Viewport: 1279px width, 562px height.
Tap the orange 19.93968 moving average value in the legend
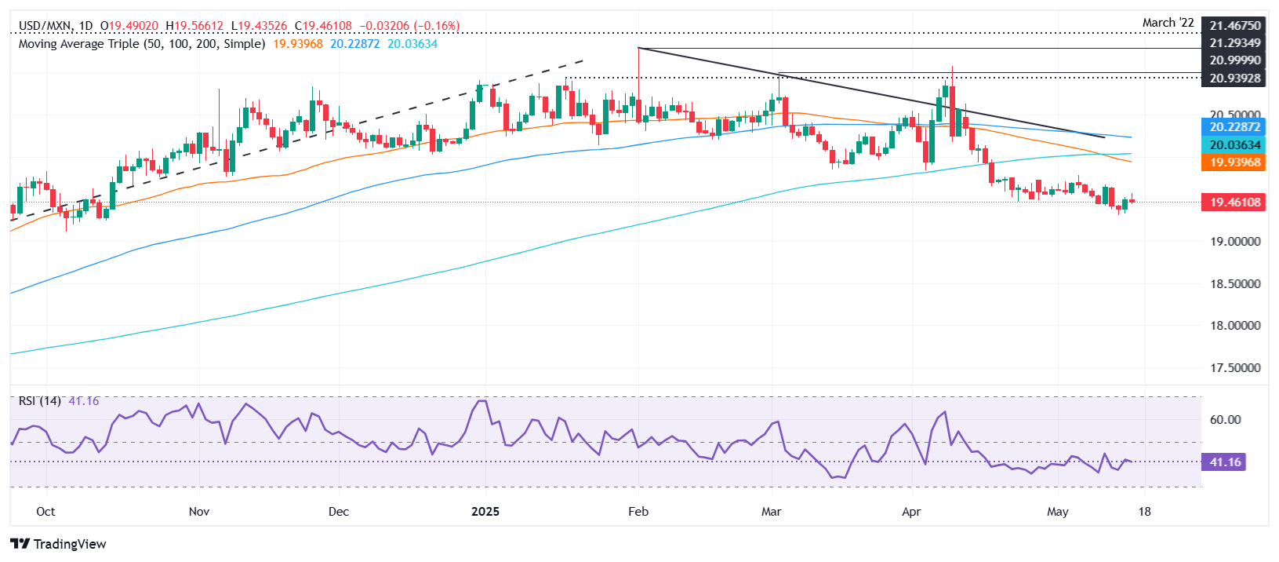pos(298,44)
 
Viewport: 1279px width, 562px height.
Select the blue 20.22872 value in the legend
pos(354,44)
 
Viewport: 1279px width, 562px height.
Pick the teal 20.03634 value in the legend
pos(412,44)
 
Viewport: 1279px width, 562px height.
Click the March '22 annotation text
pos(1168,23)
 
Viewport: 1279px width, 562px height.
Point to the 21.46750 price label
pos(1235,26)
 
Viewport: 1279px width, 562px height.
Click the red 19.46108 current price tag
pos(1234,203)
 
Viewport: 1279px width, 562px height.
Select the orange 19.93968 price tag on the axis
pos(1234,162)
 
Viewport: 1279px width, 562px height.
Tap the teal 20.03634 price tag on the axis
pos(1234,145)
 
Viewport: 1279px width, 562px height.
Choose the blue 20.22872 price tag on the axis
pos(1234,127)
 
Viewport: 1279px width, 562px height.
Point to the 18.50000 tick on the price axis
pos(1235,284)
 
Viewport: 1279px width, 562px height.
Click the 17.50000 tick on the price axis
pos(1235,368)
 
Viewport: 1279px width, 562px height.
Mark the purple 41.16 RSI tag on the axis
pos(1225,462)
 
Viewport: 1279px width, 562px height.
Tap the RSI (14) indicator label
pos(40,401)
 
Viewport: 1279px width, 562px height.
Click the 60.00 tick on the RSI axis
pos(1225,420)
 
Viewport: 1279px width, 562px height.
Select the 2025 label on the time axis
pos(485,512)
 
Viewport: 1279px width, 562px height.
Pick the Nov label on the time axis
pos(199,512)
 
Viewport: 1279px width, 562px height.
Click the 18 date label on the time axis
pos(1145,512)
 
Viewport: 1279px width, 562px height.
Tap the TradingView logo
pos(59,544)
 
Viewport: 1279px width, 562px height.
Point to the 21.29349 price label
pos(1235,43)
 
